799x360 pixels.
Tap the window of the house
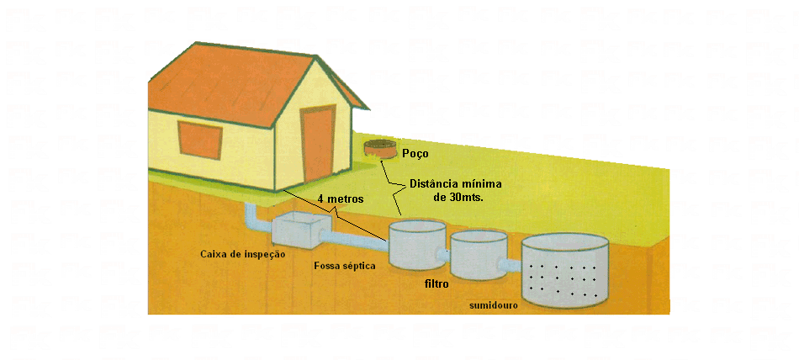200,140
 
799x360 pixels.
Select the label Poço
415,153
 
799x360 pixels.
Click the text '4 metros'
341,199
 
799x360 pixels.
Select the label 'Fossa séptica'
345,266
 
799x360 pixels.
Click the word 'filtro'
437,284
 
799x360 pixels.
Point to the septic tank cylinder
418,244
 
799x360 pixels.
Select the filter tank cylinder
479,255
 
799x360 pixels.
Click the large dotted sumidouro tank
565,270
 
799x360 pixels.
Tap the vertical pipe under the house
253,218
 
